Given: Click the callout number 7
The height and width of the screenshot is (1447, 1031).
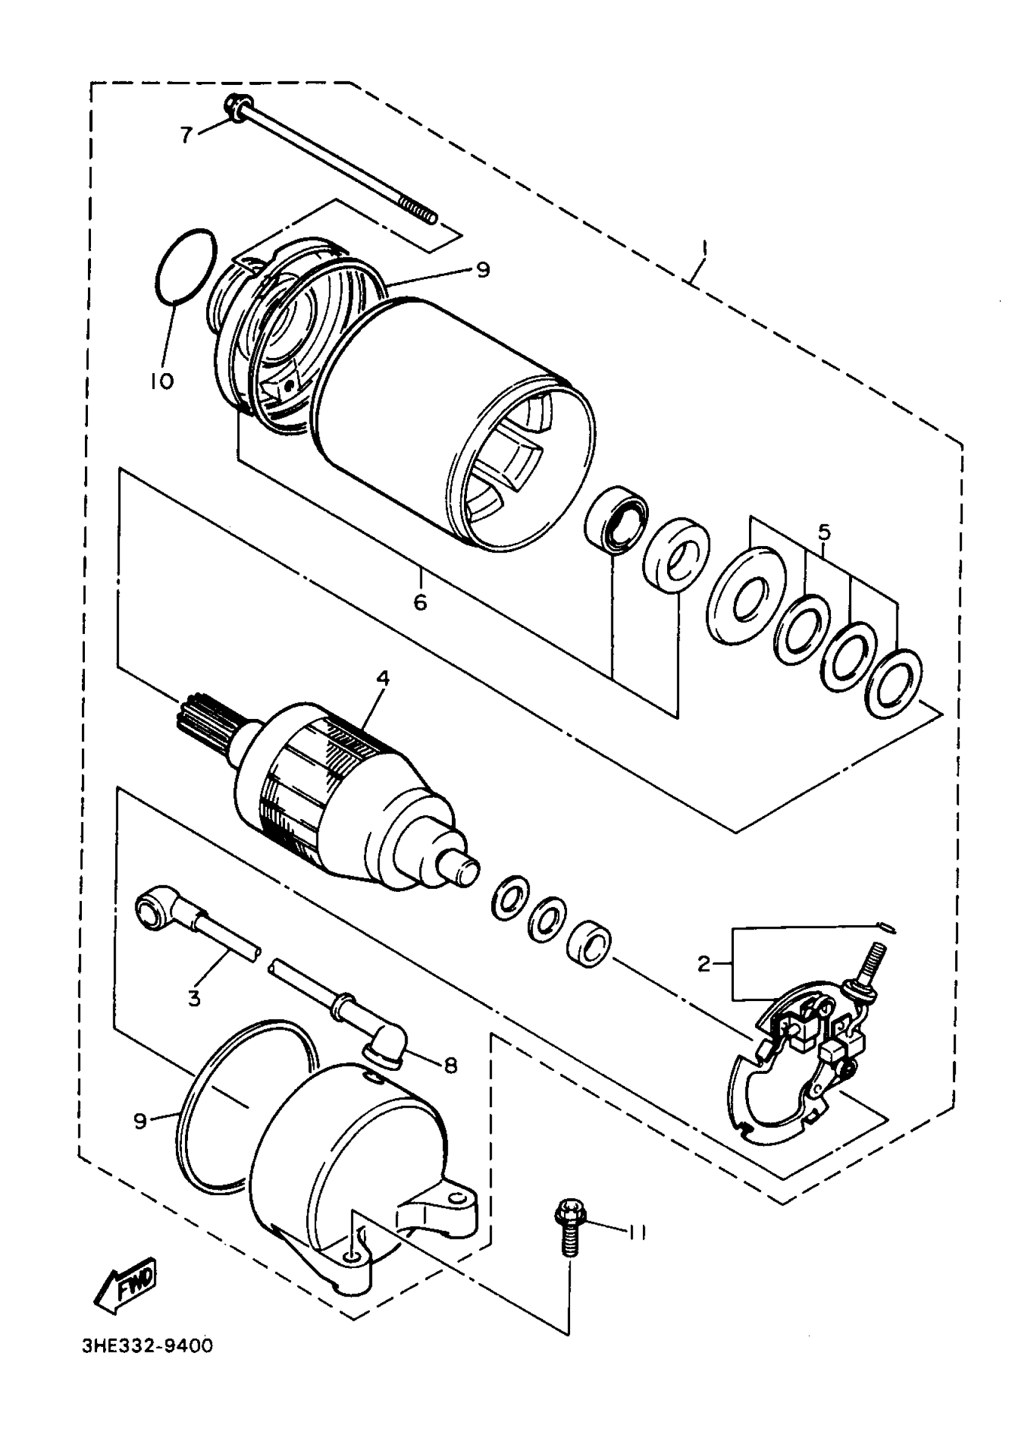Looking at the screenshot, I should coord(186,135).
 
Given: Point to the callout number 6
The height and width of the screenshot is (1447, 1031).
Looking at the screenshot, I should coord(420,602).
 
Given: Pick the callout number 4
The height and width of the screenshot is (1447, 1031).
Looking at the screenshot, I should coord(382,679).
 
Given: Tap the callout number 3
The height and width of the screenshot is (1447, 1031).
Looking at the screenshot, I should coord(194,998).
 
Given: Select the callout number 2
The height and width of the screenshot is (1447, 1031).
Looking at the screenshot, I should coord(704,964).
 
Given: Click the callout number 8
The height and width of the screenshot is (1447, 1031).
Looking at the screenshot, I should coord(451,1065).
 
